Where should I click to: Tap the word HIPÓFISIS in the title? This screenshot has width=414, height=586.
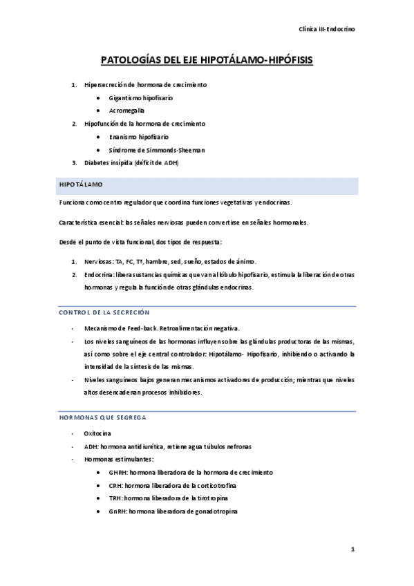pos(286,61)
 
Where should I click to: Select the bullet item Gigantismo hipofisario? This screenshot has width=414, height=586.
pos(140,97)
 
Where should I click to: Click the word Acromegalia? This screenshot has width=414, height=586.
pos(126,111)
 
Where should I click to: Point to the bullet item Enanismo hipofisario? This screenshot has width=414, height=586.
pos(138,137)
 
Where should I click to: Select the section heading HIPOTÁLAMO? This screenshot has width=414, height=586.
pos(81,185)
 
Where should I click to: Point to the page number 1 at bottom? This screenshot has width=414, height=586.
pos(352,550)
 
